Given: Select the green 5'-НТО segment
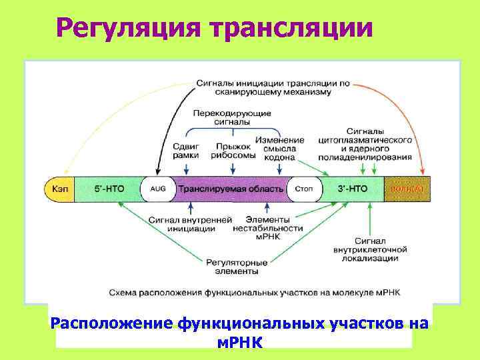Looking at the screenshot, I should tap(107, 189).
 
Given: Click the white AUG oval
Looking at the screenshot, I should tap(157, 189).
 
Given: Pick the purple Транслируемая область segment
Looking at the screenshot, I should tap(230, 189).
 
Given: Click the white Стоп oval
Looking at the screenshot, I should tap(303, 189).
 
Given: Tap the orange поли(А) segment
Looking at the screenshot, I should tap(407, 189).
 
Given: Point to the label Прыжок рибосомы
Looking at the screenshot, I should tap(233, 150).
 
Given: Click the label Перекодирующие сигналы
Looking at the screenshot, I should tap(232, 118).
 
